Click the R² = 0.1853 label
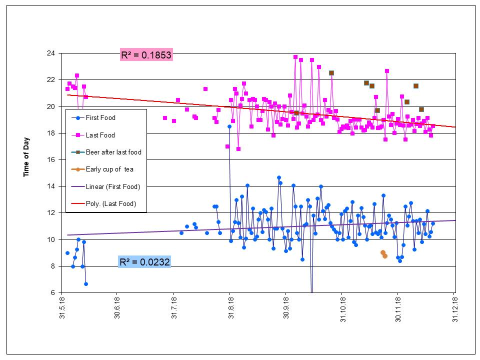146,54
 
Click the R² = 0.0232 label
144,261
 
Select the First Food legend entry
100,118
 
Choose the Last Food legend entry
100,135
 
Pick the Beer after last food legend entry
113,152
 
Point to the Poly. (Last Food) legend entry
111,203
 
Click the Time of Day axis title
26,157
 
